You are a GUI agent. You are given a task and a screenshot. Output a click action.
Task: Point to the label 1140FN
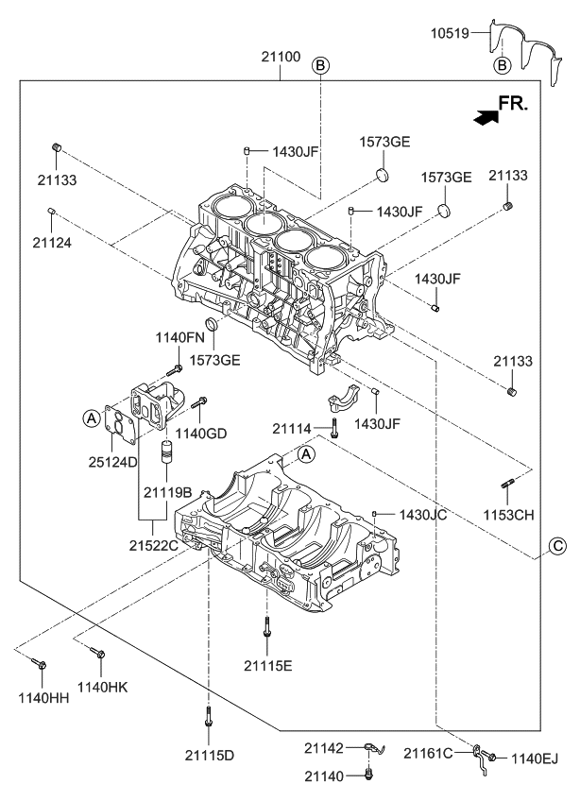179,337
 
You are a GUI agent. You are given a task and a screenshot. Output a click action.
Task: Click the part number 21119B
168,491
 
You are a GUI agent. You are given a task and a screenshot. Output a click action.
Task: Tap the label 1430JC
422,515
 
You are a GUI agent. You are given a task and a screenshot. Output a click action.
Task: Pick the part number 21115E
269,665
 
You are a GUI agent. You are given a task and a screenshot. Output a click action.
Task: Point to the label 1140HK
102,687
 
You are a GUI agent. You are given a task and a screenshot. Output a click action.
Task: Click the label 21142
323,747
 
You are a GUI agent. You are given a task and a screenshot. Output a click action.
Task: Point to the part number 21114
292,429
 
